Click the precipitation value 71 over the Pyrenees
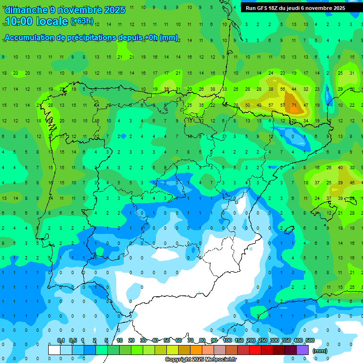pos(294,105)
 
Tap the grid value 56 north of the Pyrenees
pos(282,89)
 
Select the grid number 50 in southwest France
pos(248,105)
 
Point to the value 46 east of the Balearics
pos(352,182)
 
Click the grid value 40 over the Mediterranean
pos(340,167)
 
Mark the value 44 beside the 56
pos(294,89)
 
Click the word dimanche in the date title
pos(26,10)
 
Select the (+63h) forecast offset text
pos(82,21)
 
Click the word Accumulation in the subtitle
pos(31,38)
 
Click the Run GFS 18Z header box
pos(295,8)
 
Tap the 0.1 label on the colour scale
pos(60,340)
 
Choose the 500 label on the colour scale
pos(310,340)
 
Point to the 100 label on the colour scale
pos(227,340)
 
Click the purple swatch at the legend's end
pos(302,350)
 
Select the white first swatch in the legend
pos(54,350)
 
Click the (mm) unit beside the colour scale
pos(320,351)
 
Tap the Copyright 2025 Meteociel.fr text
pos(201,360)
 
